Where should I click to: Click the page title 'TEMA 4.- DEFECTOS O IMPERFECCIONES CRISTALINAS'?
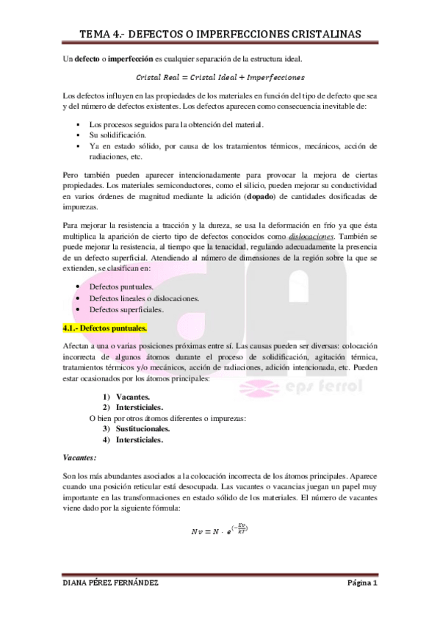click(220, 32)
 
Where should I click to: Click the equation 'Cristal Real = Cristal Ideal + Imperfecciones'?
click(220, 76)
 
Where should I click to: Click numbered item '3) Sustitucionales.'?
click(137, 428)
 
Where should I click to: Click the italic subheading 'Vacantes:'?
click(81, 457)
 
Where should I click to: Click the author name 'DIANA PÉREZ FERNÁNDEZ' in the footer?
click(110, 583)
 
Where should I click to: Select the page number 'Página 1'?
click(362, 583)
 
